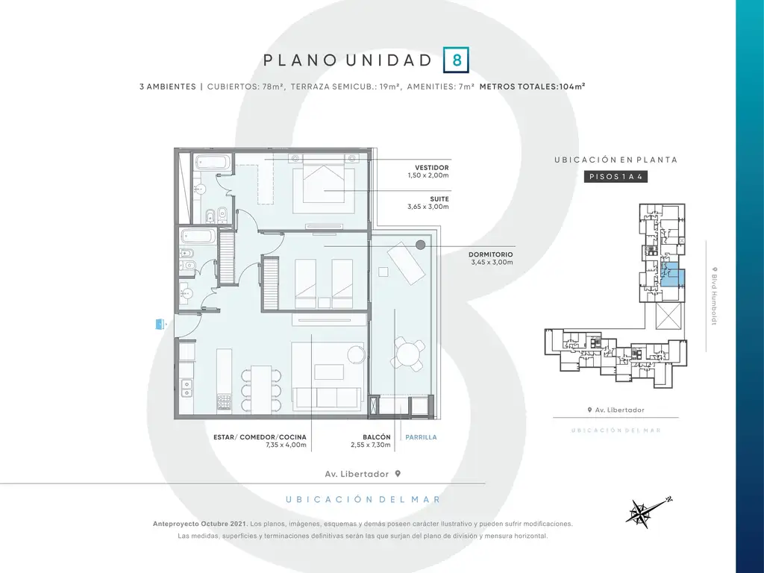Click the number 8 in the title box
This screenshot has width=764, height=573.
point(457,60)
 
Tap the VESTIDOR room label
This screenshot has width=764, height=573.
point(432,168)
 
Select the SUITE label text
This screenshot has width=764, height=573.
point(439,198)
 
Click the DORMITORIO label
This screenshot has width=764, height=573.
point(491,254)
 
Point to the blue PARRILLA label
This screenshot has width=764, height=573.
point(421,437)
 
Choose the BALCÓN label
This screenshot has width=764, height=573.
point(377,437)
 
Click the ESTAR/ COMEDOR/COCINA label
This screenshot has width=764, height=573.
point(260,437)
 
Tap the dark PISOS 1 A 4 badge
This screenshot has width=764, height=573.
point(616,176)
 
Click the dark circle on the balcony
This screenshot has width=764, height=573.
point(421,245)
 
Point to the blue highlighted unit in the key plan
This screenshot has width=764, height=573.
point(673,275)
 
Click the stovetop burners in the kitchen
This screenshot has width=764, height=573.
point(224,402)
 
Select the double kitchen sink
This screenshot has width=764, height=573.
point(186,388)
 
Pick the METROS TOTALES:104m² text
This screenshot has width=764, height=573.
point(532,87)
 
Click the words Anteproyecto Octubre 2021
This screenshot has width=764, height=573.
point(200,524)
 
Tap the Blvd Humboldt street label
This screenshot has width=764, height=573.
point(714,295)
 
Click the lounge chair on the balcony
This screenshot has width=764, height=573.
point(406,263)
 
